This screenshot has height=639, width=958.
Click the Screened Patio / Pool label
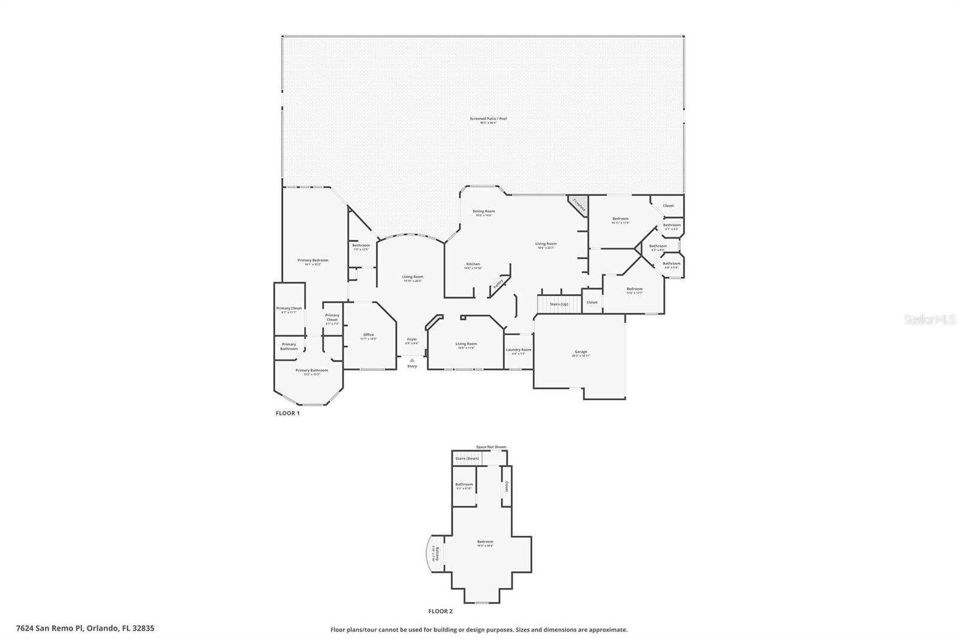(x=488, y=119)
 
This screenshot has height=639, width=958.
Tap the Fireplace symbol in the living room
(x=579, y=204)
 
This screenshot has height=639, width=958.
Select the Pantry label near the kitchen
(x=498, y=286)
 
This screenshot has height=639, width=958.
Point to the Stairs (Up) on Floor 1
(x=559, y=304)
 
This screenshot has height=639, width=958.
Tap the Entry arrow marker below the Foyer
(x=412, y=360)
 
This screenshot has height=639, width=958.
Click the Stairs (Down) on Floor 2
(x=467, y=459)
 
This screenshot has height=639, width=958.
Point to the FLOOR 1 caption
(x=287, y=413)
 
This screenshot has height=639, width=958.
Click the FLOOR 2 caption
(x=440, y=611)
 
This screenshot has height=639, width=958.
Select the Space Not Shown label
(x=491, y=447)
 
